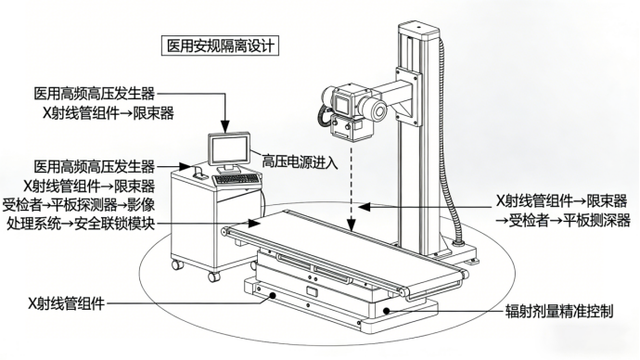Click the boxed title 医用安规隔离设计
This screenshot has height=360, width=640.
[220, 45]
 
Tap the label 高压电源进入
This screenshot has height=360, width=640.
[300, 162]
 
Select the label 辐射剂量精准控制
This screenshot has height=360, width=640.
[559, 312]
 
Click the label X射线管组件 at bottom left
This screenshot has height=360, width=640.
[66, 303]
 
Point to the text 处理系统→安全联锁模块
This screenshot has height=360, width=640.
[81, 224]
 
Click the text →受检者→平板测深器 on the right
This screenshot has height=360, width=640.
[563, 221]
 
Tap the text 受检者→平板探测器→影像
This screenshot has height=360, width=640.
[79, 204]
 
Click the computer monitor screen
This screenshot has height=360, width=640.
[228, 149]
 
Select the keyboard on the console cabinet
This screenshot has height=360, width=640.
[236, 179]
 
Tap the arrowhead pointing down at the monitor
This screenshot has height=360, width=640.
[224, 126]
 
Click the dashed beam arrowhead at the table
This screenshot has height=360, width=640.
[351, 225]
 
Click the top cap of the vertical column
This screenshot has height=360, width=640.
[418, 29]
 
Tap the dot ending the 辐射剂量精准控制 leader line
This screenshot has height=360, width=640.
[386, 311]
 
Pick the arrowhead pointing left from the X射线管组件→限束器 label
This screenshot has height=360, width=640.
[365, 207]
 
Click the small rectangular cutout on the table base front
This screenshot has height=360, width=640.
[313, 292]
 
